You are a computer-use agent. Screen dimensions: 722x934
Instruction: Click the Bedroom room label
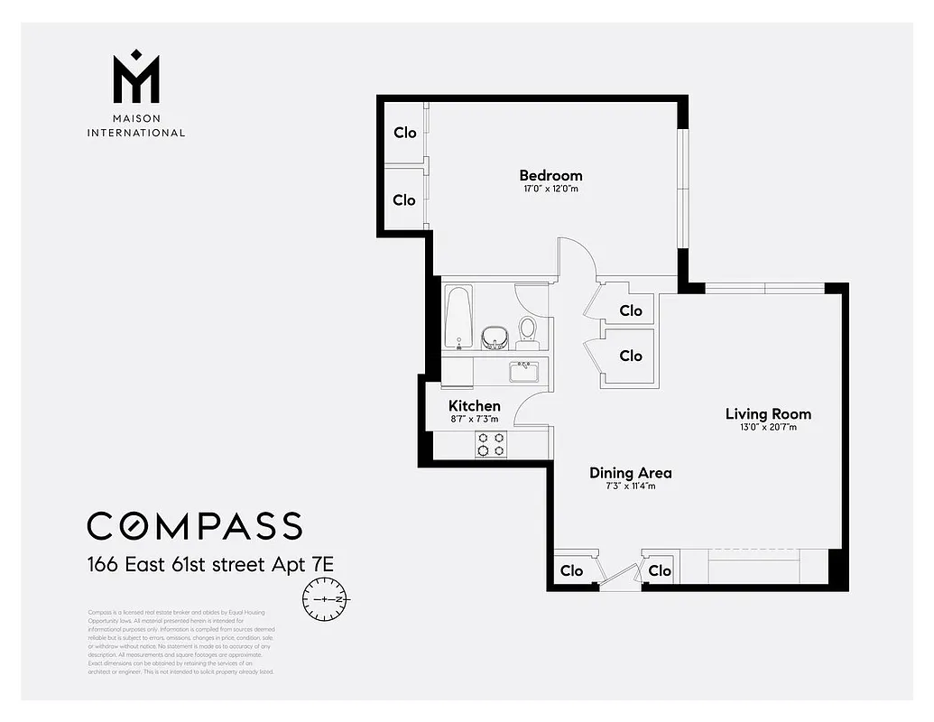[550, 175]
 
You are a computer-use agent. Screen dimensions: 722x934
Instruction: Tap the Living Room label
[768, 414]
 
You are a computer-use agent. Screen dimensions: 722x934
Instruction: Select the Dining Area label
[630, 473]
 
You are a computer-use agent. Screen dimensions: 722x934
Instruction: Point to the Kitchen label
[474, 406]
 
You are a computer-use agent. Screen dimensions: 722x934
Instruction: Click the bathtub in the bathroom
[458, 318]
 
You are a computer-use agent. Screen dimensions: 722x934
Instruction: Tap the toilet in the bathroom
[528, 331]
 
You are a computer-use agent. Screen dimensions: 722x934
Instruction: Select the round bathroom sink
[495, 338]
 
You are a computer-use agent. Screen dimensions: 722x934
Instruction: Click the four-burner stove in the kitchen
[492, 443]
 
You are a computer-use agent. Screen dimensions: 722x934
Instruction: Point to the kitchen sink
[523, 371]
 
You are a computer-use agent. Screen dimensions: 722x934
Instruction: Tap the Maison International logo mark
[135, 77]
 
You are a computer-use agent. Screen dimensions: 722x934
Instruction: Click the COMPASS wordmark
[194, 525]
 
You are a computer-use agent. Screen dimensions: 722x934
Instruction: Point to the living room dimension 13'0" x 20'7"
[768, 428]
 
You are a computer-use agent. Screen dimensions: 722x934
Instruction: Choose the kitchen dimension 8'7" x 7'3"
[474, 419]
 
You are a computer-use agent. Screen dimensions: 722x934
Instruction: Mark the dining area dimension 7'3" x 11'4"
[630, 486]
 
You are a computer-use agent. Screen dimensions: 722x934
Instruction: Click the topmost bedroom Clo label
[404, 133]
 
